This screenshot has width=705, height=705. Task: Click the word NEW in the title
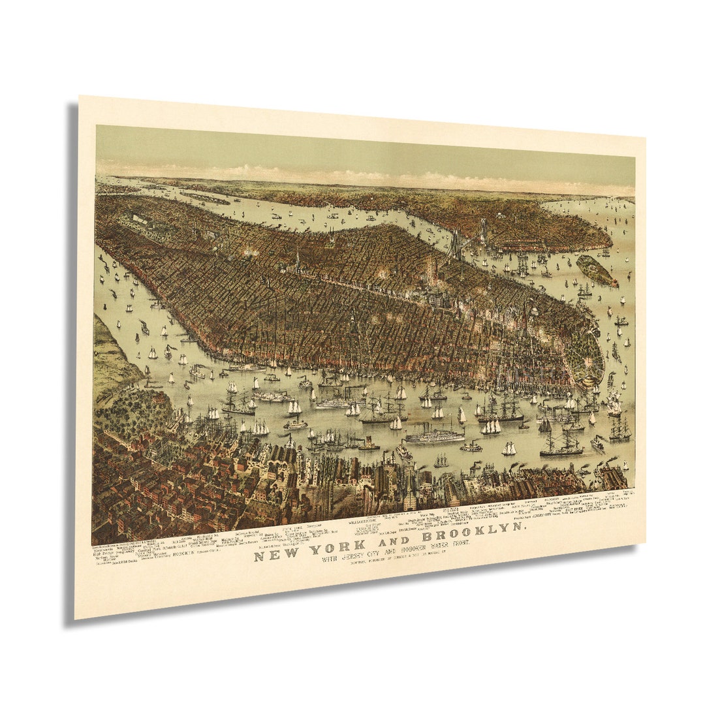click(x=269, y=556)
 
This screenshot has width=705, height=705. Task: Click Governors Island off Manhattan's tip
click(x=596, y=270)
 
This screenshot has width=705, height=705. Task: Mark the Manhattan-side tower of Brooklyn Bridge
click(x=455, y=244)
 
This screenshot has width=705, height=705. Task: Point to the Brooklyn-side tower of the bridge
click(x=484, y=228)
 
